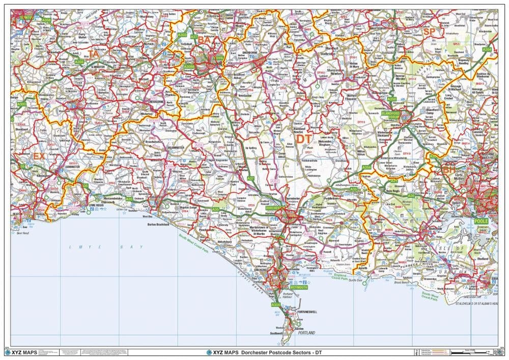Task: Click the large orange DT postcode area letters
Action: click(303, 139)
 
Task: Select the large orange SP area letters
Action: click(429, 32)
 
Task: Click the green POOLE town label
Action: click(480, 221)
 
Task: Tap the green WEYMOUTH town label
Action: click(298, 287)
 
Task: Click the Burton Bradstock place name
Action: click(158, 224)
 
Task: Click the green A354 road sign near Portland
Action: click(275, 304)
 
